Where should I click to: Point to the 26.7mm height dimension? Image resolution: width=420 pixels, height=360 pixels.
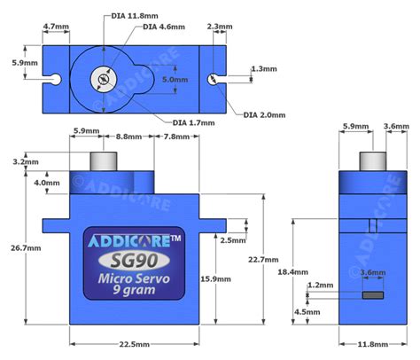coord(21,248)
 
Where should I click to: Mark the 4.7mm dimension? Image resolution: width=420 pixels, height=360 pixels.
coord(55,27)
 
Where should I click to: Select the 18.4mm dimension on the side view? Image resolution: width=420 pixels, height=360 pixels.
coord(293,271)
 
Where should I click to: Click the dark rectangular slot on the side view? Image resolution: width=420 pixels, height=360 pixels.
coord(372,294)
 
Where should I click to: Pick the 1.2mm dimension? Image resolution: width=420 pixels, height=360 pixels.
coord(320,286)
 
